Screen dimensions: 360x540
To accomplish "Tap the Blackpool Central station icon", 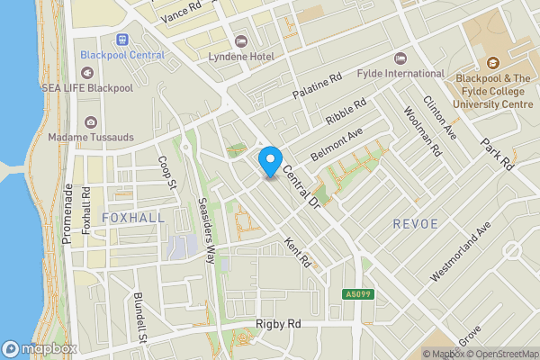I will point(122,40).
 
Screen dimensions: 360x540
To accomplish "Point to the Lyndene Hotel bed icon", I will point(240,41).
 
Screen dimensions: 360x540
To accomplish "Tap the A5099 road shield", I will point(357,293).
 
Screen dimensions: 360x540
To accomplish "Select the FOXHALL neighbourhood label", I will point(133,218).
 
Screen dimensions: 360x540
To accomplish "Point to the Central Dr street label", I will point(302,185).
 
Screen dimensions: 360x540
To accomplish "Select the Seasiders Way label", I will point(206,229).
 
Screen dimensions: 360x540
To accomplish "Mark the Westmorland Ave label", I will point(461,252).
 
